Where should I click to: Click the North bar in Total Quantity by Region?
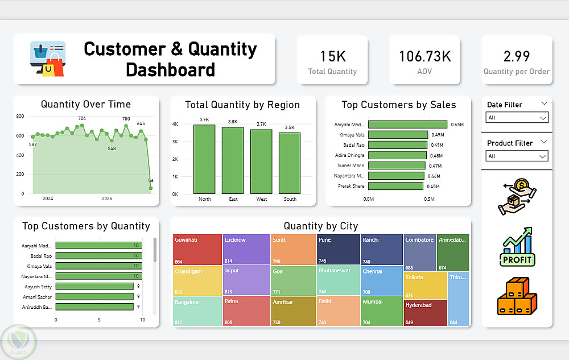[204, 159]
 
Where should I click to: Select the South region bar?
[290, 163]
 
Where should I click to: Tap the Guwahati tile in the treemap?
[197, 250]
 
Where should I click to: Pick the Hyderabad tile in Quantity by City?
[426, 313]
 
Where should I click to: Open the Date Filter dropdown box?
[517, 118]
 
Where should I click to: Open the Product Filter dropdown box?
[517, 156]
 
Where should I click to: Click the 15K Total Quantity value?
[332, 56]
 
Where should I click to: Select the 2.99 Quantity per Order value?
[517, 56]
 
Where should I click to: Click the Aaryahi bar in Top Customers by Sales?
[407, 124]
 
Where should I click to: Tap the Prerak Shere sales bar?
[396, 186]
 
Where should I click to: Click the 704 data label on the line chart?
[82, 118]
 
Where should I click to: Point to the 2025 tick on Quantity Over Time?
[107, 198]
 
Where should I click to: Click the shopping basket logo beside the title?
[48, 59]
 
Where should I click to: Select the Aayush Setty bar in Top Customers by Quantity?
[94, 286]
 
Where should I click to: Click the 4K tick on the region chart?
[176, 124]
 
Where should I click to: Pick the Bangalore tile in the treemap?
[197, 311]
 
